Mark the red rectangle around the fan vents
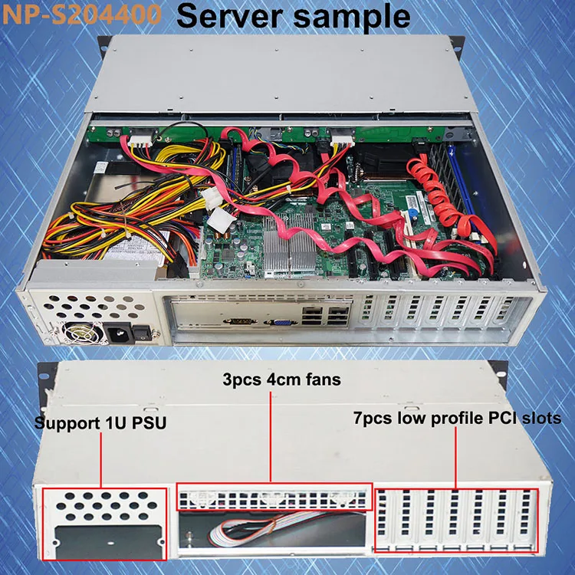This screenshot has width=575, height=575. (274, 497)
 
